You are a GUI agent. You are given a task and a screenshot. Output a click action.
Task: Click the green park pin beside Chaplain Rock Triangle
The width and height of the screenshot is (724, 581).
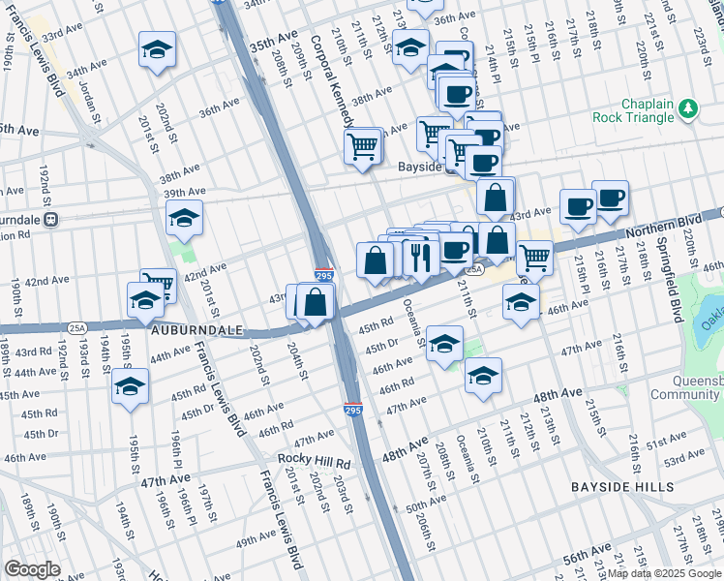tap(688, 108)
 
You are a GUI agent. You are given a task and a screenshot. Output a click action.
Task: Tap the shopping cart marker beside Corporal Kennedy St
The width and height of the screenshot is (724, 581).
tap(363, 147)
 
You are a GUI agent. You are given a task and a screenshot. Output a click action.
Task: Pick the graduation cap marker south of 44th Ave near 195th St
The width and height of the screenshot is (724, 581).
tap(130, 386)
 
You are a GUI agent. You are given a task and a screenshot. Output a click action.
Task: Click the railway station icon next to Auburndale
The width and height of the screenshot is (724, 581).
tap(51, 219)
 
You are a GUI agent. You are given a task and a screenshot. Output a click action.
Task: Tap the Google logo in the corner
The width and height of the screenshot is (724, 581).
tap(32, 569)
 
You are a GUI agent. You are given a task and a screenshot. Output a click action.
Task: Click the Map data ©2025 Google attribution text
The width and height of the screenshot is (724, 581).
tap(663, 573)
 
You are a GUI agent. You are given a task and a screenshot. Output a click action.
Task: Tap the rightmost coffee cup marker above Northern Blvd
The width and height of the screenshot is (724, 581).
tap(610, 199)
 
